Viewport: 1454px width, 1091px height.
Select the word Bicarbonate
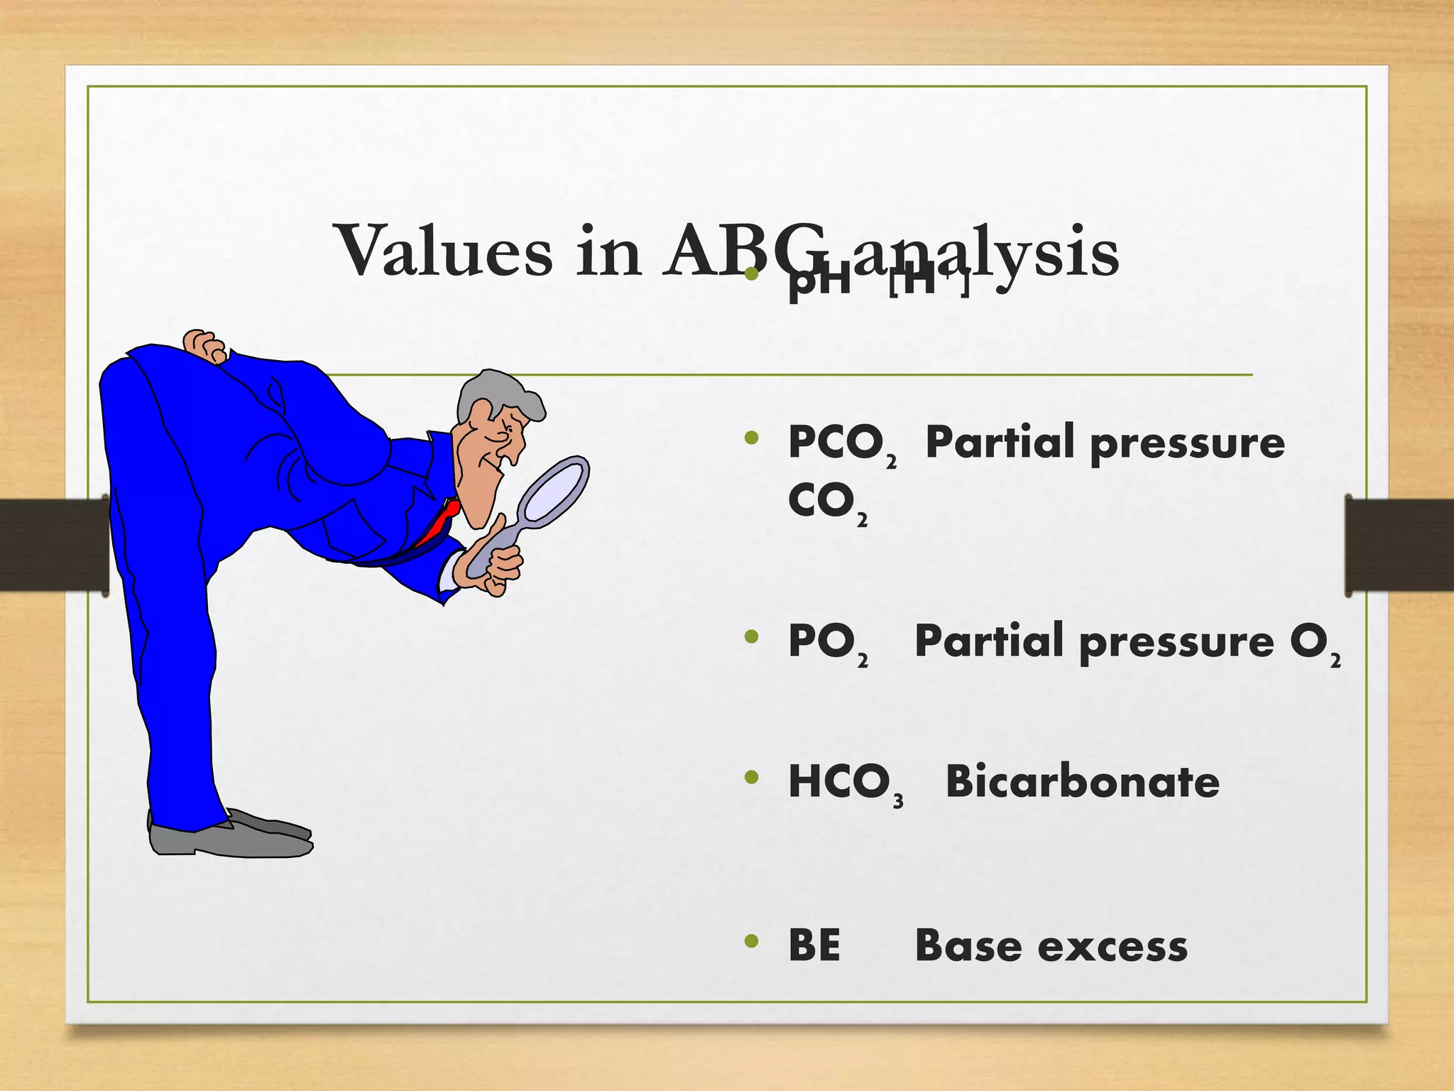1082,782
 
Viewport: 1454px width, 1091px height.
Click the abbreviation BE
814,945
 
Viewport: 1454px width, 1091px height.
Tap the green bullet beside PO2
752,637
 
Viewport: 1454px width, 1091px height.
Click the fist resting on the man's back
204,346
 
